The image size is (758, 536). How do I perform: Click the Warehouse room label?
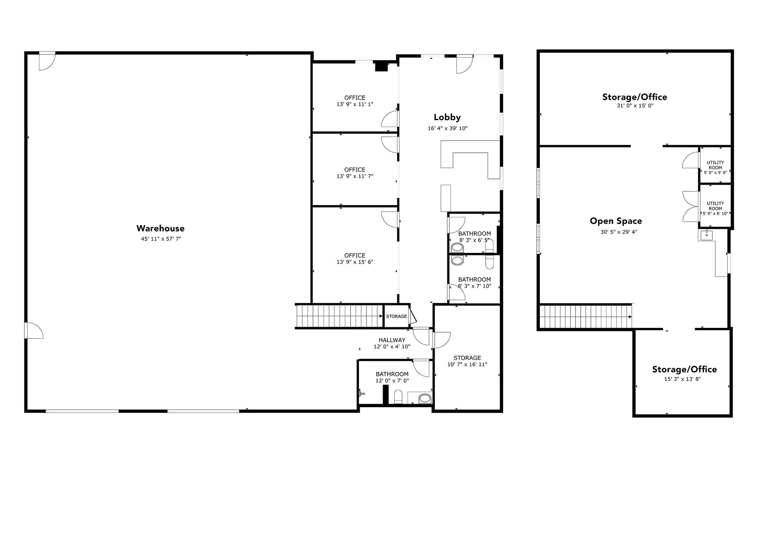[160, 228]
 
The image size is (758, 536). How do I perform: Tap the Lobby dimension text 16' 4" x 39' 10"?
[447, 128]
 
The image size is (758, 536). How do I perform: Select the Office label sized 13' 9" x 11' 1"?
[355, 98]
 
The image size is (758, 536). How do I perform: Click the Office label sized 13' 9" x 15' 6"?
[355, 255]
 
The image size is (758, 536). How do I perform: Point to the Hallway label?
[392, 340]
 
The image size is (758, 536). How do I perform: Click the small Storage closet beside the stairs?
[396, 316]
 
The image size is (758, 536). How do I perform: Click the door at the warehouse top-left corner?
[47, 61]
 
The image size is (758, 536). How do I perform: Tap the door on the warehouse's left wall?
[33, 330]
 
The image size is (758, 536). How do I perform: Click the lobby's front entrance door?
[464, 64]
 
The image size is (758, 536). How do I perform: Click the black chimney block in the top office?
[381, 67]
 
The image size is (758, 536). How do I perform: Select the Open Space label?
[616, 221]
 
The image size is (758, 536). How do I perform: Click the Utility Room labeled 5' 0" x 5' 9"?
[715, 165]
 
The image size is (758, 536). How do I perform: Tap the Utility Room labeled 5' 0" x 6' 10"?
[715, 206]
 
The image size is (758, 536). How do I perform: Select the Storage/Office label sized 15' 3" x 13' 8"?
[684, 369]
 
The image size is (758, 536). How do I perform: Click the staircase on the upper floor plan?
[585, 316]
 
